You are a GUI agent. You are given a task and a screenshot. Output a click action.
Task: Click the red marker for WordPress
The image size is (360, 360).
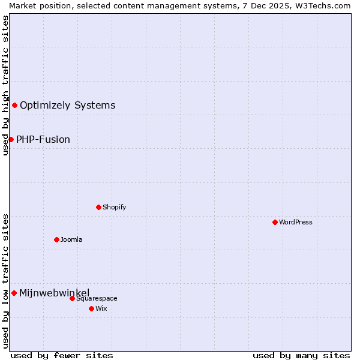(x=275, y=222)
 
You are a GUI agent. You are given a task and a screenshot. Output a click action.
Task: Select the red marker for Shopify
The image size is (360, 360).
(x=98, y=207)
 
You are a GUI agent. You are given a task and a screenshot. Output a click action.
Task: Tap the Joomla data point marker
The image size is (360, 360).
(x=56, y=239)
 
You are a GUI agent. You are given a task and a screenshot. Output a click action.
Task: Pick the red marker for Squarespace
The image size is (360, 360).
(x=72, y=298)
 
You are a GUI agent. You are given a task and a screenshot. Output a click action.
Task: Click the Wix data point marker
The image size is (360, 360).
(x=91, y=308)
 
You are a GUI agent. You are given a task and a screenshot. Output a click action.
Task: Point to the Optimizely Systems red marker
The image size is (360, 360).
(x=14, y=106)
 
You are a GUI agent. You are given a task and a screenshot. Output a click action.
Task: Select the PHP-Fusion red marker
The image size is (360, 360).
(x=11, y=139)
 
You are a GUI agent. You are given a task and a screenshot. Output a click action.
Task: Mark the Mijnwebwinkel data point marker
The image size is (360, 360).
(x=14, y=293)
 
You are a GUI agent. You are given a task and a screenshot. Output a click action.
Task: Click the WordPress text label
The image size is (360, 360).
(x=296, y=222)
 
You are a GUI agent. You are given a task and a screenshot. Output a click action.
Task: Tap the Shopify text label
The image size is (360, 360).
(x=114, y=207)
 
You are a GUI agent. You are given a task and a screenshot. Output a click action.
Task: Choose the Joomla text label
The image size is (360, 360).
(x=71, y=239)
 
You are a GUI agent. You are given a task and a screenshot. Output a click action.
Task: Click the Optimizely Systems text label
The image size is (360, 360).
(x=67, y=106)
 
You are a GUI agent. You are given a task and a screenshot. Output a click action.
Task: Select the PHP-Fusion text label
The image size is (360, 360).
(x=43, y=139)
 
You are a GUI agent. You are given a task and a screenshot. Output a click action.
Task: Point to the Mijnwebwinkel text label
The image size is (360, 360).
(x=54, y=293)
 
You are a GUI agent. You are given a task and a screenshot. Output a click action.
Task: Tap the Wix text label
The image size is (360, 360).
(x=101, y=308)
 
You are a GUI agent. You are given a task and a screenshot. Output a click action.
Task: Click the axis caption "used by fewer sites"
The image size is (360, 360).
(x=62, y=355)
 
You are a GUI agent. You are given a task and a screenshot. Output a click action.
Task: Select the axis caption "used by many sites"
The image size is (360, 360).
(x=301, y=355)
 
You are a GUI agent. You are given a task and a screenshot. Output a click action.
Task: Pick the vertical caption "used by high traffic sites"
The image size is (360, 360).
(x=5, y=85)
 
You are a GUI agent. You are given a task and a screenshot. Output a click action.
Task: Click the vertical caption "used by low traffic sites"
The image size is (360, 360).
(x=5, y=281)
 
